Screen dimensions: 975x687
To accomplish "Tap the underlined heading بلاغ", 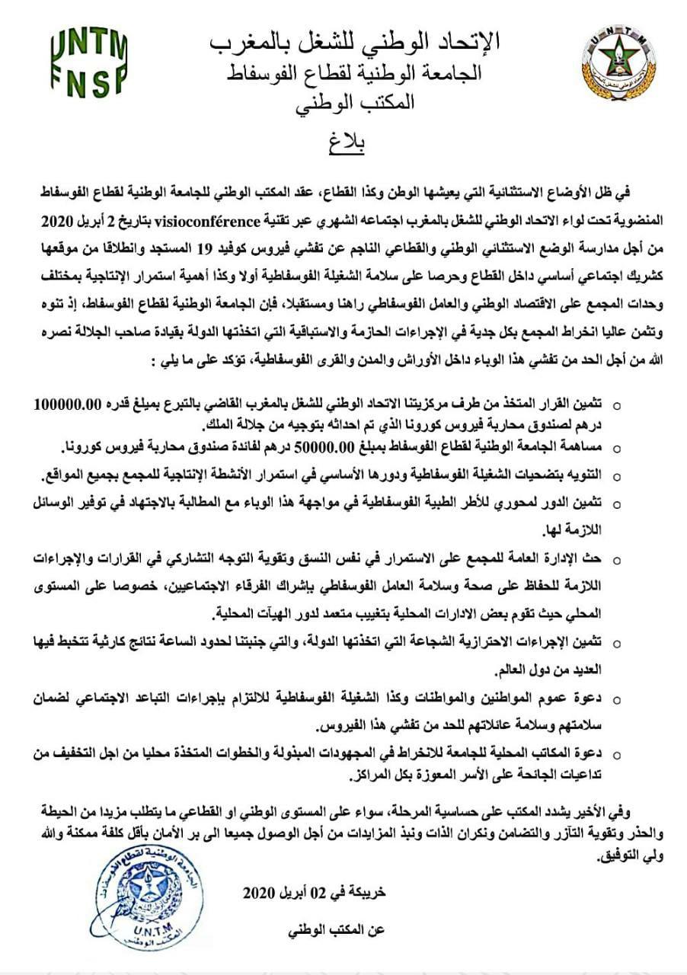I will (347, 145).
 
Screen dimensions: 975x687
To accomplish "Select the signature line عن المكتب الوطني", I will (340, 930).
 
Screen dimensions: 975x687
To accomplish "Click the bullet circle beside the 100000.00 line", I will (617, 405).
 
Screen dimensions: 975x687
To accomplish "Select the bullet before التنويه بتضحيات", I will (617, 476).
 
